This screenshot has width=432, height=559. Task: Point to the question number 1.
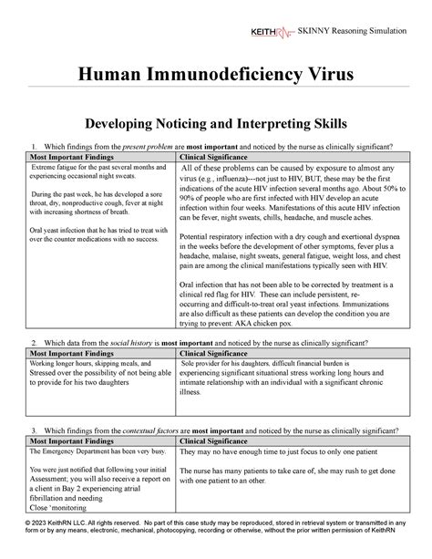point(34,146)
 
